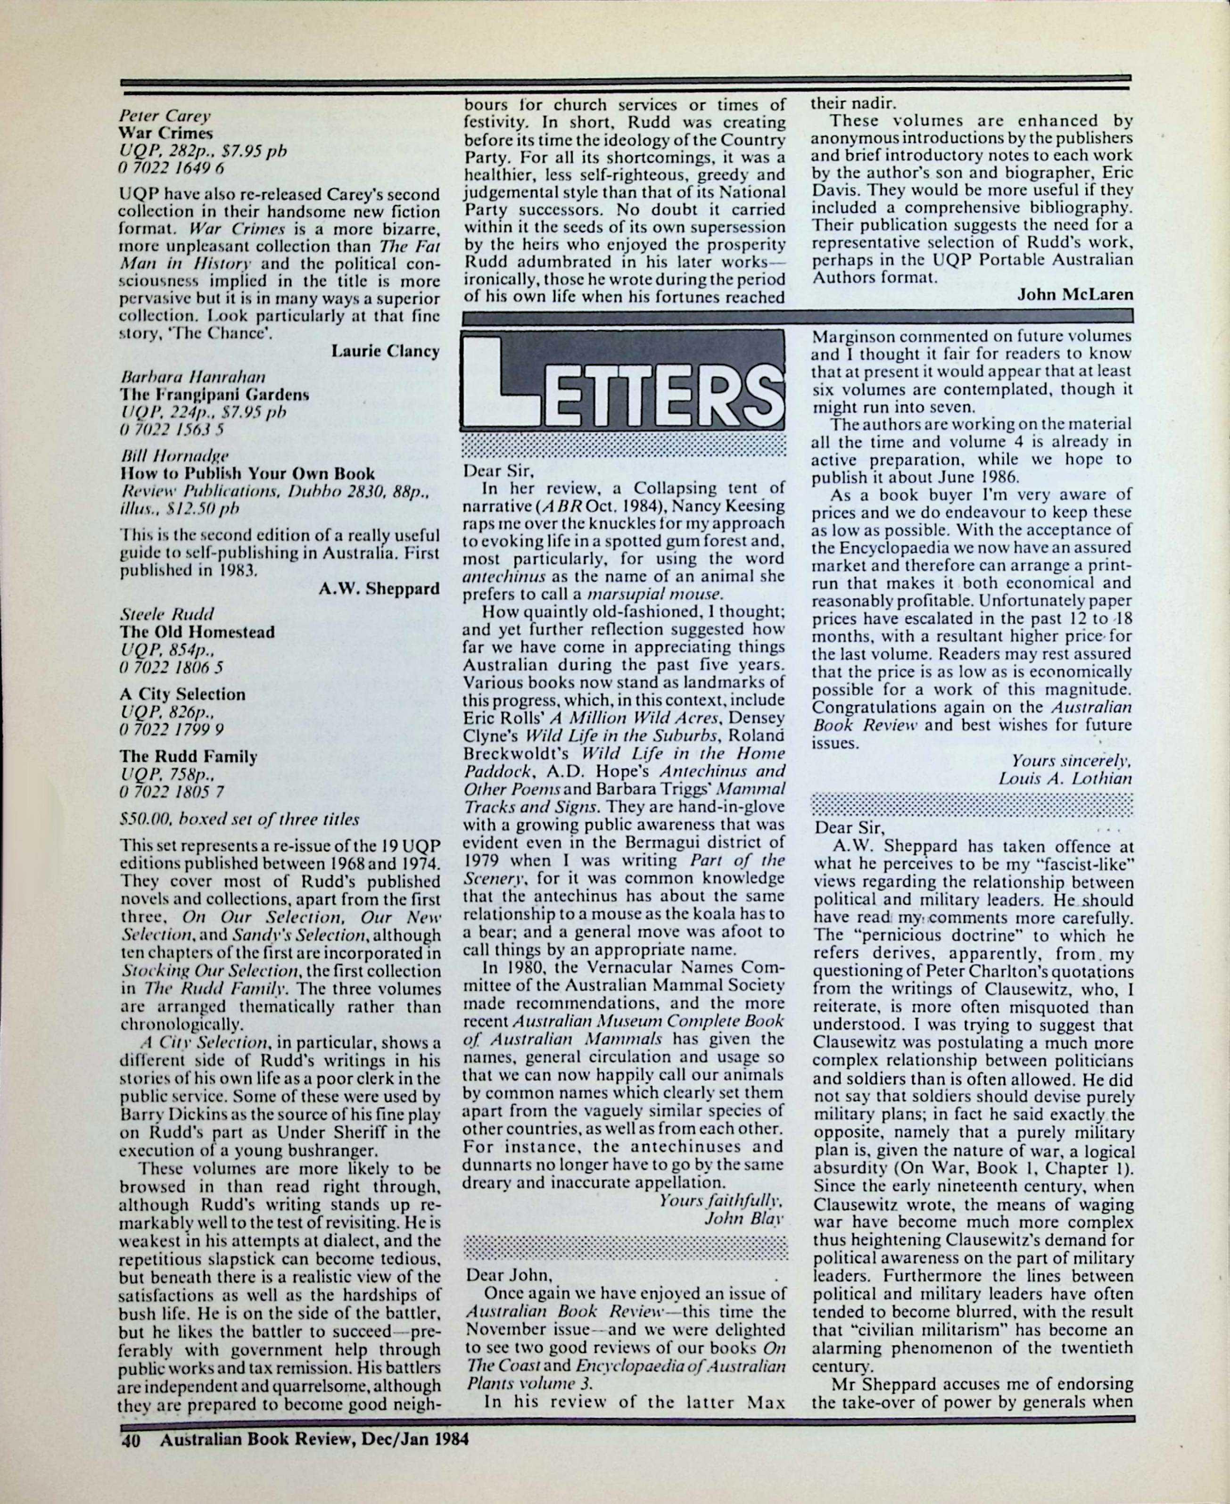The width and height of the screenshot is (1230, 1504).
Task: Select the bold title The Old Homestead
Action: tap(197, 632)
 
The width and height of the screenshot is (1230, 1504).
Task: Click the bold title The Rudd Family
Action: tap(189, 757)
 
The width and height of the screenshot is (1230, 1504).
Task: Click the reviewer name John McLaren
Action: tap(1075, 295)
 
